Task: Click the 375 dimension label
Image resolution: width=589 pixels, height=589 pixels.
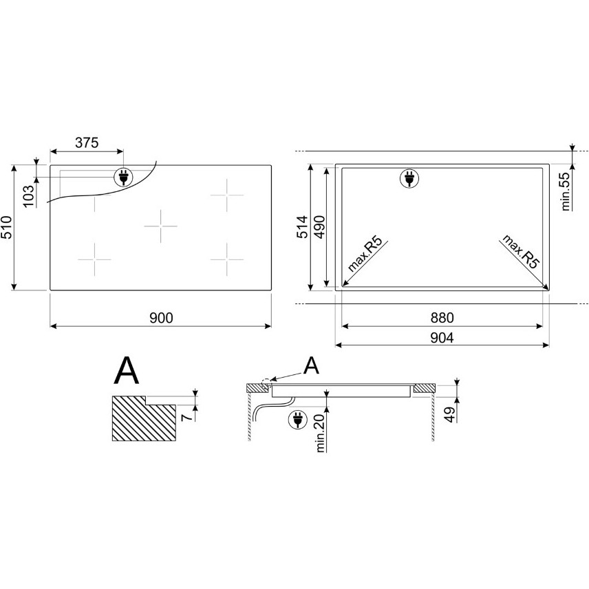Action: click(x=87, y=142)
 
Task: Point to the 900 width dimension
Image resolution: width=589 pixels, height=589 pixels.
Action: click(x=162, y=318)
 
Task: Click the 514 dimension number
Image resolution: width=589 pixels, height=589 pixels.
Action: click(x=303, y=227)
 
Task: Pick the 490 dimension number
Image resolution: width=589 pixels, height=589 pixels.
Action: click(x=319, y=227)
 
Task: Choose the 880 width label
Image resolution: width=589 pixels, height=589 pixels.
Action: click(x=442, y=318)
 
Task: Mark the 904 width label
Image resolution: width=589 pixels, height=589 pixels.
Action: click(x=442, y=338)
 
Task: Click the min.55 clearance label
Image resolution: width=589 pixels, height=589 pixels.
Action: click(x=566, y=191)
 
